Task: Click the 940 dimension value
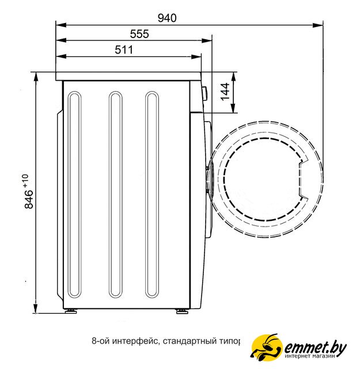pyautogui.click(x=167, y=18)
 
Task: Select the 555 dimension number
pyautogui.click(x=139, y=34)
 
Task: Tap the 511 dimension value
pyautogui.click(x=124, y=50)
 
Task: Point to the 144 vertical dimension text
pyautogui.click(x=225, y=92)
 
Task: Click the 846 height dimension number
pyautogui.click(x=29, y=199)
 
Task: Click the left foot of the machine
pyautogui.click(x=71, y=311)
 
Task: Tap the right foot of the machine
pyautogui.click(x=182, y=311)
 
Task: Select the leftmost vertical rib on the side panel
pyautogui.click(x=74, y=195)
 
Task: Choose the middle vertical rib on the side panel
pyautogui.click(x=116, y=195)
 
